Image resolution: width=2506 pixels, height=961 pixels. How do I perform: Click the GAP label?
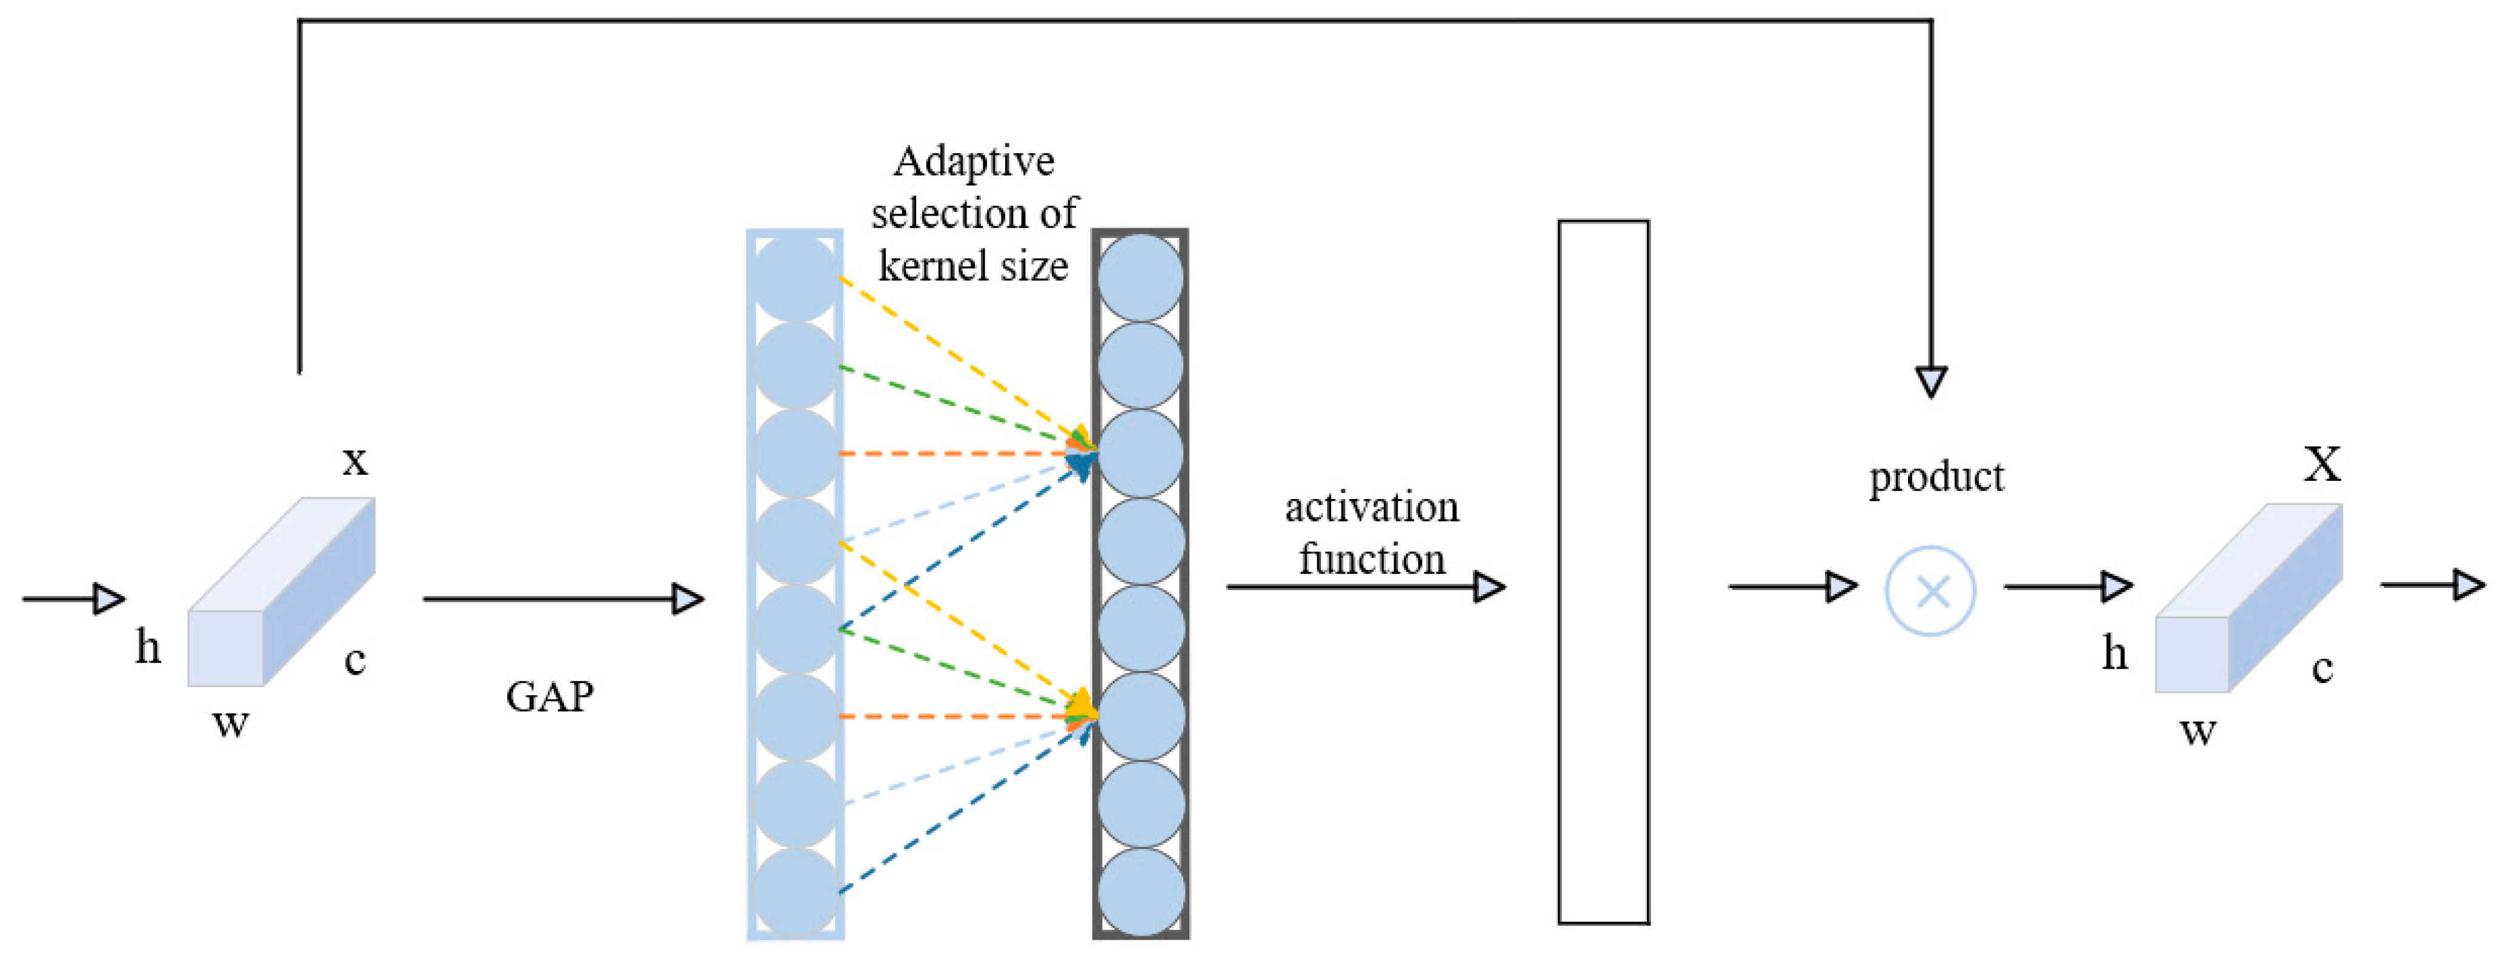point(550,696)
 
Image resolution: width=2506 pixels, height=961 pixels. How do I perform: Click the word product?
point(1936,477)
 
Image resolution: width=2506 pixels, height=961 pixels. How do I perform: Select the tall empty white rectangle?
point(1603,572)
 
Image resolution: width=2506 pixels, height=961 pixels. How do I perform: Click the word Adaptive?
point(974,162)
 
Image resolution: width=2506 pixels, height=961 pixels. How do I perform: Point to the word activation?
point(1372,507)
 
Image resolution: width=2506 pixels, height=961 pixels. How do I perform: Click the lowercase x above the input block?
point(355,460)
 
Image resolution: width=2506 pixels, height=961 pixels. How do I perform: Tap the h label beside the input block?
point(148,647)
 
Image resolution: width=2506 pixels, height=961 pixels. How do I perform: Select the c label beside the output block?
point(2322,669)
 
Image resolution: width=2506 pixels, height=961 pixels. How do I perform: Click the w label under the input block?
point(231,722)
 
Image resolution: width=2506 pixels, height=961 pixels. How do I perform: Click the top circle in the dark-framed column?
point(1140,277)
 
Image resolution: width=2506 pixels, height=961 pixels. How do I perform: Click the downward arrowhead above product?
point(1931,381)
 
